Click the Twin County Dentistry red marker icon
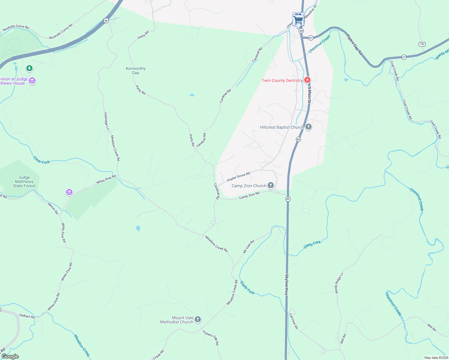coord(307,80)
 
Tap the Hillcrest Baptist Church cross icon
coord(309,127)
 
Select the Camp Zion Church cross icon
coord(271,185)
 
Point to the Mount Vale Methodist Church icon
coord(197,319)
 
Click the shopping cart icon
coord(298,20)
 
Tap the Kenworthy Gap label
coord(136,70)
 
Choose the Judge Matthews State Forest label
coord(24,181)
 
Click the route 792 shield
coord(422,44)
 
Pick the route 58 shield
coord(106,20)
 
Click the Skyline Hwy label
coord(287,284)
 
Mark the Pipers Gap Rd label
coord(354,45)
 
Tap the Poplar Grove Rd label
coord(238,177)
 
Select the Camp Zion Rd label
coord(249,196)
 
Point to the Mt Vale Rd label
coord(249,246)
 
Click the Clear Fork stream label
coord(41,160)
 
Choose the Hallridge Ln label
coord(107,121)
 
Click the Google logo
coord(10,356)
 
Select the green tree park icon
coord(29,69)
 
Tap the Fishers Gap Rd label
coord(211,338)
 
